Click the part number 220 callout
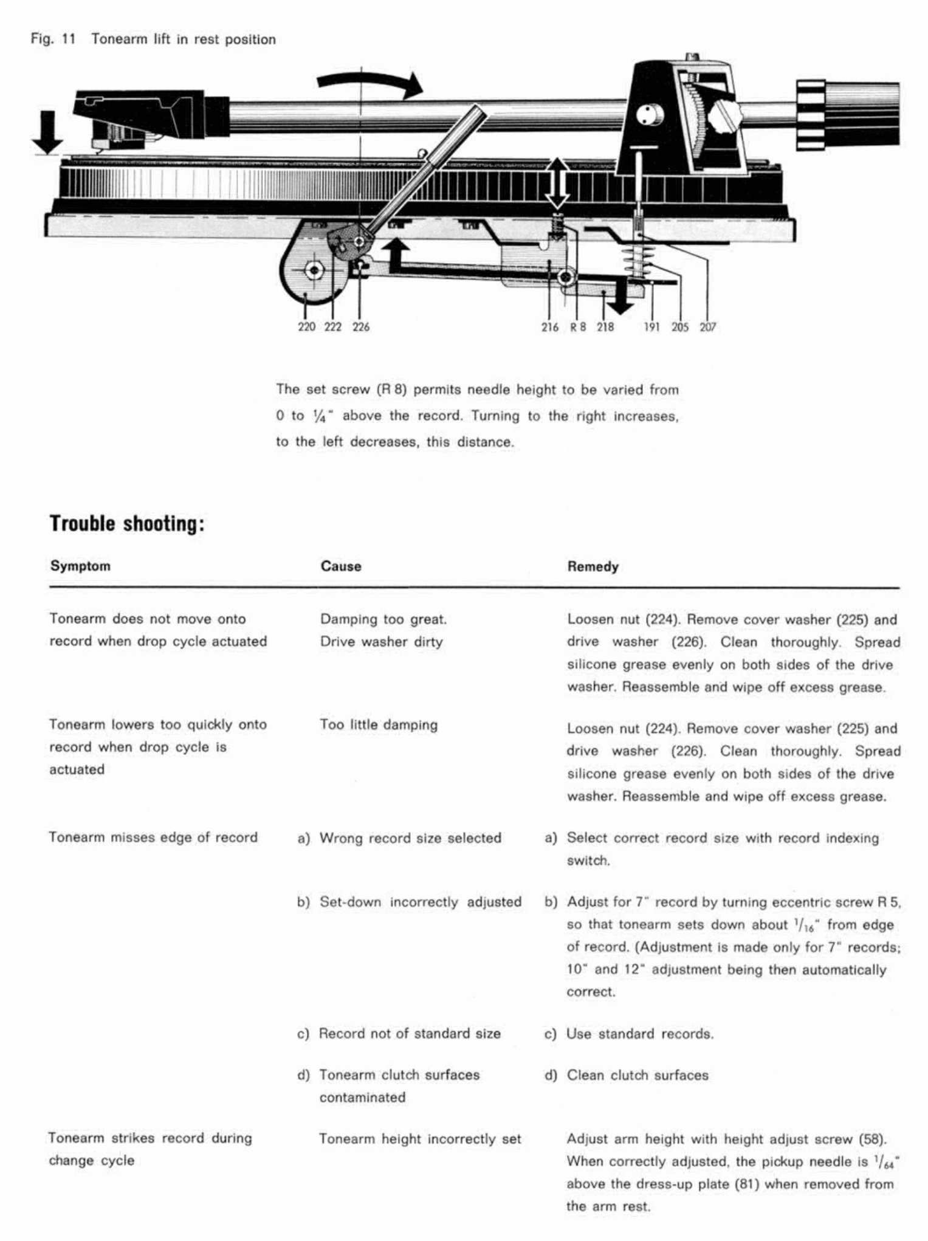tap(306, 327)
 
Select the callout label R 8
tap(578, 327)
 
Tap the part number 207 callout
tap(707, 327)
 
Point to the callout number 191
tap(653, 327)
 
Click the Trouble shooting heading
tap(126, 523)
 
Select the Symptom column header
tap(80, 566)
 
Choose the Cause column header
tap(341, 566)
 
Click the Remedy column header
tap(593, 566)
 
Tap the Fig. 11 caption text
tap(153, 40)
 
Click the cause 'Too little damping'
tap(379, 724)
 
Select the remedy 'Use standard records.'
tap(640, 1033)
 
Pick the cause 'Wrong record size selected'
tap(410, 838)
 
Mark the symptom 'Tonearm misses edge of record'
tap(153, 837)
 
